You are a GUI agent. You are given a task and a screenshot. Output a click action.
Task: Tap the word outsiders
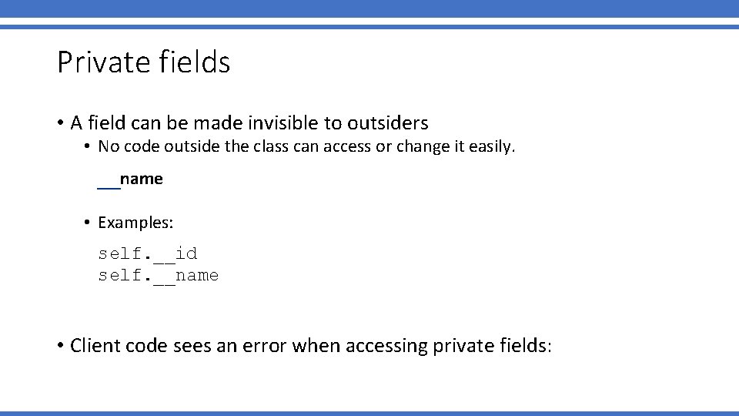click(x=387, y=122)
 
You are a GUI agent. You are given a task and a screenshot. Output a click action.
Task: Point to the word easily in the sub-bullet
click(x=490, y=147)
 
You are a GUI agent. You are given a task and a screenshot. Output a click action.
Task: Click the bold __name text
click(x=130, y=179)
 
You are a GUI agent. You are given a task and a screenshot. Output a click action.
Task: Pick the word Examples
click(x=135, y=223)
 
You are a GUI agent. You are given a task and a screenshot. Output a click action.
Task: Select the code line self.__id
click(x=148, y=253)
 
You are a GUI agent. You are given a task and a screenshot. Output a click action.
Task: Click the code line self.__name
click(x=159, y=275)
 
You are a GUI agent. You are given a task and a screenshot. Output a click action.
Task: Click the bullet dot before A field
click(x=60, y=123)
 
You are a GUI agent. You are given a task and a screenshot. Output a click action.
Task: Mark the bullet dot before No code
click(x=89, y=147)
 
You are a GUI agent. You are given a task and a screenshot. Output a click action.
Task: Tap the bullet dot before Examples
click(x=89, y=223)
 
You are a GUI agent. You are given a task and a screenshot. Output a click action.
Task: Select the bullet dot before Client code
click(x=60, y=346)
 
